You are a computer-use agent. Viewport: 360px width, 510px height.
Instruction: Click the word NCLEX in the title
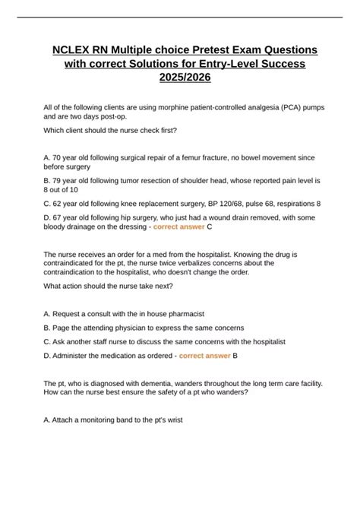tap(71, 49)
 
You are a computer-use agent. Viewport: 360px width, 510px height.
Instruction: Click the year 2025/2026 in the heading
tap(179, 78)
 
